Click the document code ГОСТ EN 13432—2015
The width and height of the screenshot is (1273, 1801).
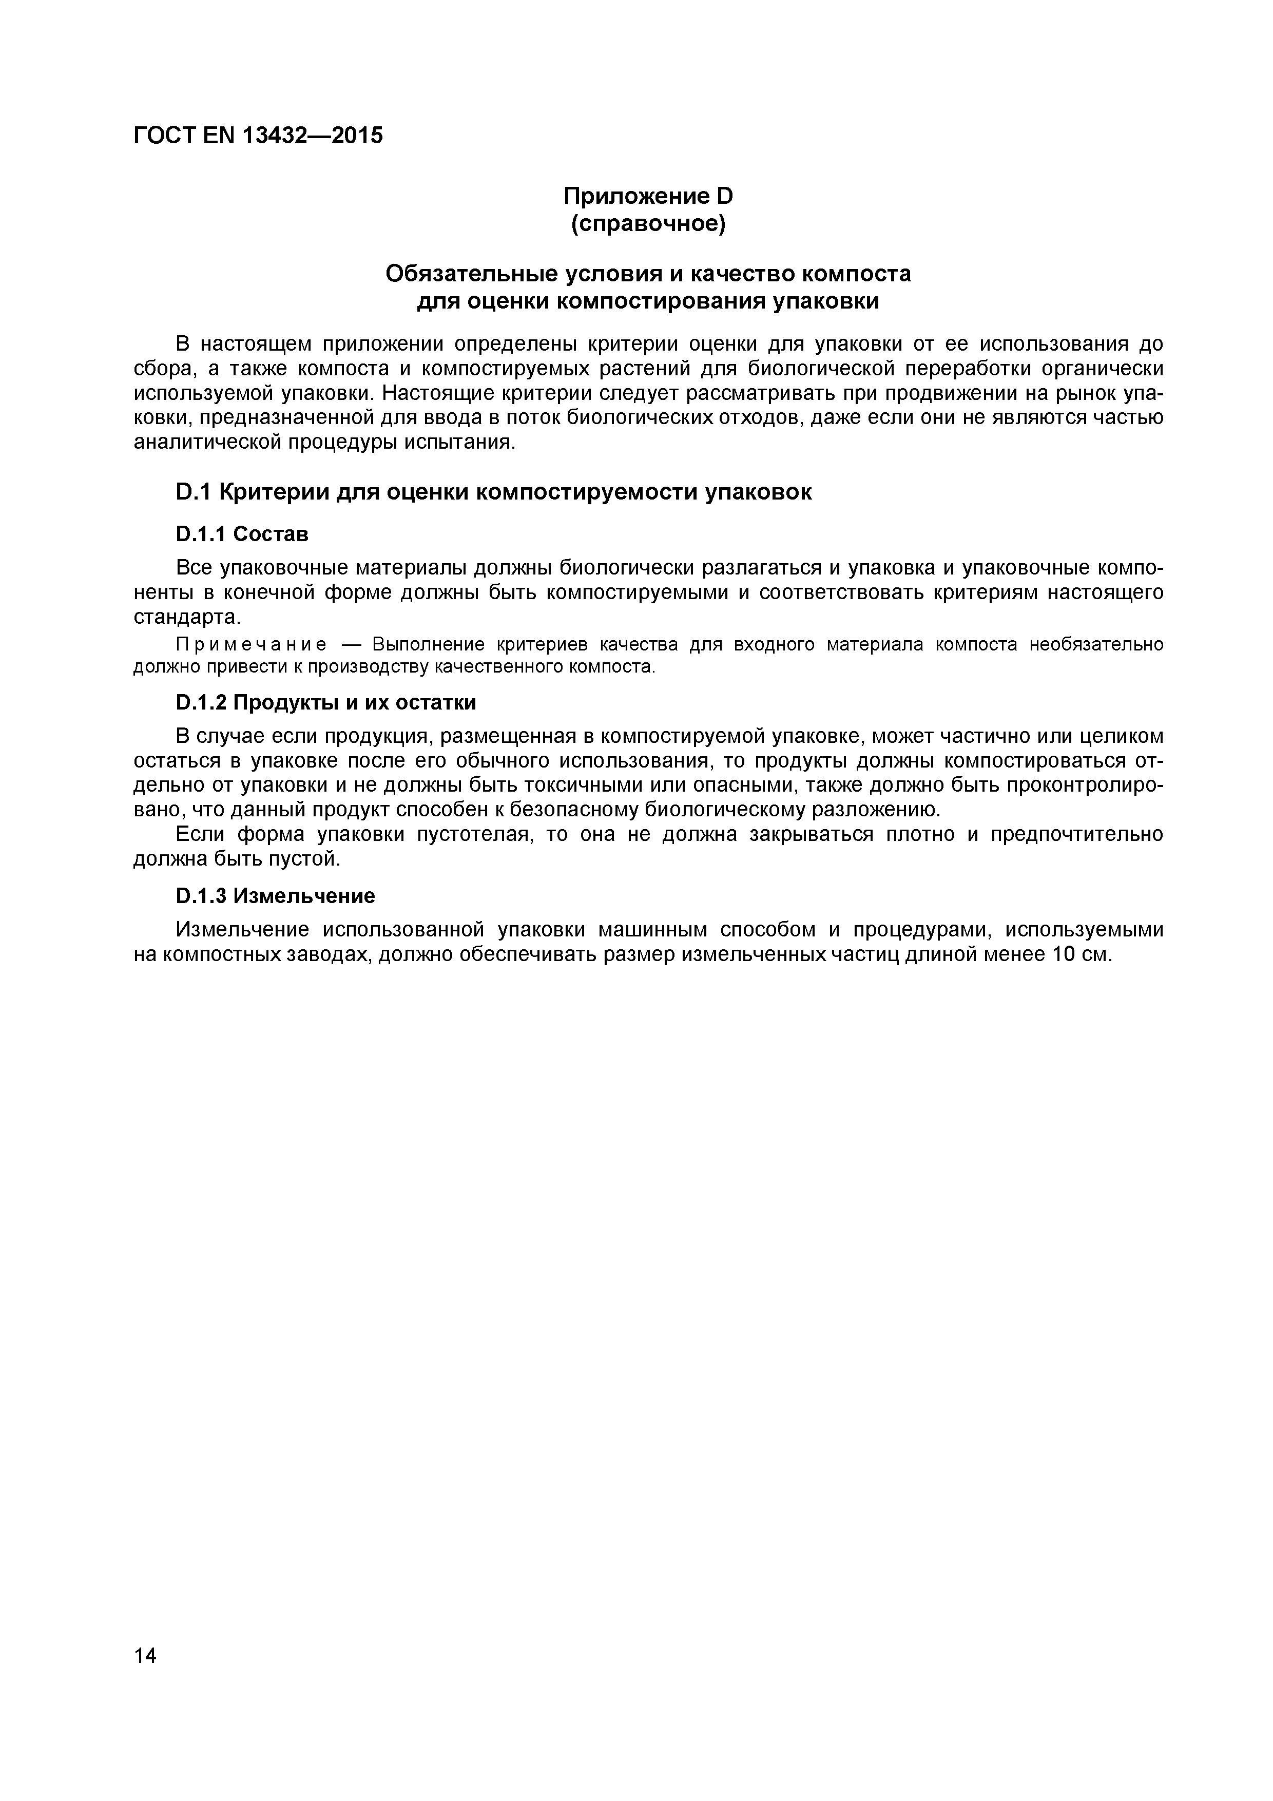pos(258,136)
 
